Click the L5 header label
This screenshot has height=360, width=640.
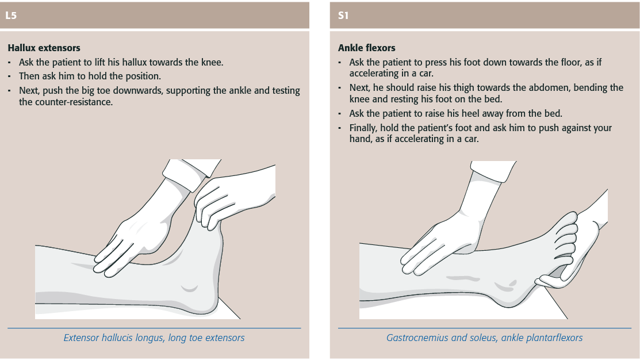pyautogui.click(x=11, y=16)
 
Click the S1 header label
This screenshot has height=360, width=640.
pyautogui.click(x=343, y=16)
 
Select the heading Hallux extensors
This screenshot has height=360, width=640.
pyautogui.click(x=44, y=48)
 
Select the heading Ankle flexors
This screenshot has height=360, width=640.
pyautogui.click(x=366, y=48)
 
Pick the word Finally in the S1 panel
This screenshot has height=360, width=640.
pyautogui.click(x=363, y=128)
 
